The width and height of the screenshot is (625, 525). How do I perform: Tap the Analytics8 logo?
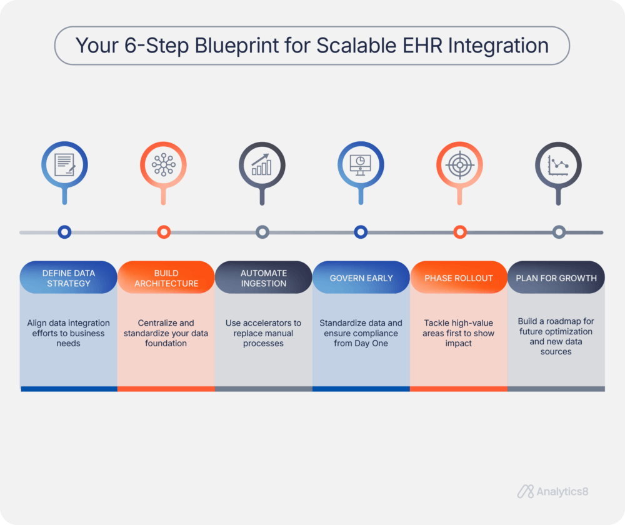(552, 492)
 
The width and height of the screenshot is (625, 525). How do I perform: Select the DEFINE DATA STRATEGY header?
(68, 278)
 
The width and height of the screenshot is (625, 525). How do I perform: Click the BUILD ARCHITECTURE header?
(166, 278)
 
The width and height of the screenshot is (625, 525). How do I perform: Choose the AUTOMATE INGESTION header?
(263, 278)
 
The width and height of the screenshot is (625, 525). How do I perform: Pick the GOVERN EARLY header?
(361, 278)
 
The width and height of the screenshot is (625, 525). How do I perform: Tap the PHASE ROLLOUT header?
(458, 278)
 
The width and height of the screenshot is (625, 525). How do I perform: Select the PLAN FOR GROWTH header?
(556, 278)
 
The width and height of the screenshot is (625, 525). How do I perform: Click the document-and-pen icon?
(64, 165)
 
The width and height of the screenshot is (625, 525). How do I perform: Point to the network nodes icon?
(163, 165)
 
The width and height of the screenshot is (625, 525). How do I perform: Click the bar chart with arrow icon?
(262, 165)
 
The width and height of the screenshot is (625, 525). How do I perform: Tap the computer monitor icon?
(361, 165)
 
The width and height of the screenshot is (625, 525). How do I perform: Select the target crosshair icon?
(459, 165)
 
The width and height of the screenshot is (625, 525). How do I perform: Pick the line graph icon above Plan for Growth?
(558, 165)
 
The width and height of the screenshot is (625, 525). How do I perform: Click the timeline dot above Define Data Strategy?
(64, 232)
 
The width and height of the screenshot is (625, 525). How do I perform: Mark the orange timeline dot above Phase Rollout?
(460, 232)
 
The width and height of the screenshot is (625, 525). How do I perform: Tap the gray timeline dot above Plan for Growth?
(559, 232)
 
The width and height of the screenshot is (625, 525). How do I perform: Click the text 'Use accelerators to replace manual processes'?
(263, 333)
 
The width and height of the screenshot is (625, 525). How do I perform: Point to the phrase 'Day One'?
(376, 343)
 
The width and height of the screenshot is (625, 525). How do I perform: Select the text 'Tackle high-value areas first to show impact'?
(458, 333)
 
